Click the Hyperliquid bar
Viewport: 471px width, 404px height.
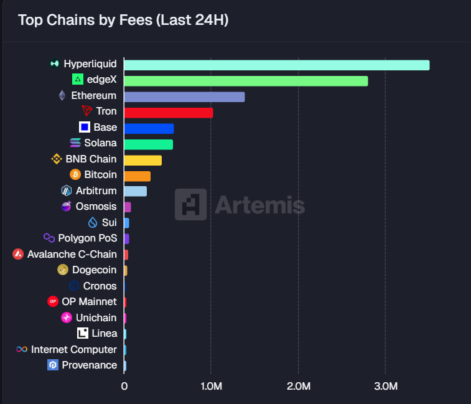[276, 65]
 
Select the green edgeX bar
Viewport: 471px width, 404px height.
[246, 81]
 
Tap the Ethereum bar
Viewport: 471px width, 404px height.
[184, 96]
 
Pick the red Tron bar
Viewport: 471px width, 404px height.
[168, 113]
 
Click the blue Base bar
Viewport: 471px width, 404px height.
[149, 128]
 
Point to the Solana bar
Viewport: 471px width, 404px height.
[148, 144]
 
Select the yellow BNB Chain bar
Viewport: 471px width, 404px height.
[142, 160]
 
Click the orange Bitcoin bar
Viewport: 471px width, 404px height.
[137, 176]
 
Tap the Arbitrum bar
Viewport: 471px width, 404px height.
[135, 191]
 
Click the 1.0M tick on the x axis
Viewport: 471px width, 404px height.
[212, 387]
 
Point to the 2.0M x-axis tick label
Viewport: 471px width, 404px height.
[299, 387]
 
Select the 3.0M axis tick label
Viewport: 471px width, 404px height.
[386, 387]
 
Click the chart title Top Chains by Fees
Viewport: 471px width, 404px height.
[123, 20]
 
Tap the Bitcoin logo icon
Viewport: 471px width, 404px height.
[75, 175]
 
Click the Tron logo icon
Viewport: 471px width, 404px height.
[87, 111]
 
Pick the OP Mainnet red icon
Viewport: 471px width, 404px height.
[53, 302]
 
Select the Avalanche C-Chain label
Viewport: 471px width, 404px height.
[72, 254]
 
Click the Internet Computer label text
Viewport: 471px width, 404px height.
[74, 350]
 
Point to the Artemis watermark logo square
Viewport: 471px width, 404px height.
[190, 204]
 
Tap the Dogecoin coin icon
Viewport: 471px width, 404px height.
[62, 270]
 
